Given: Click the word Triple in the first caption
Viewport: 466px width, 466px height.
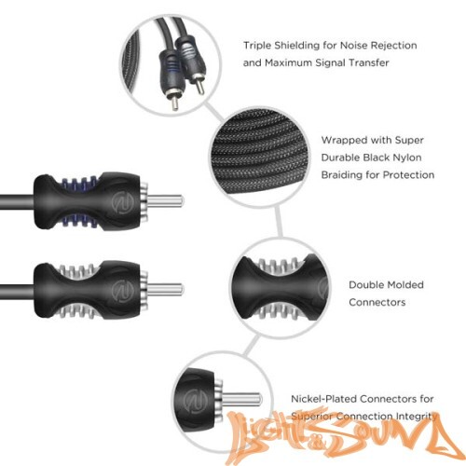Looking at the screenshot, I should tap(257, 45).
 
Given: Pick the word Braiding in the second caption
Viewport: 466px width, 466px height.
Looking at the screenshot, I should tap(346, 174).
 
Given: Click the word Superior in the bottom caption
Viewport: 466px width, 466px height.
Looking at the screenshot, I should tap(312, 415).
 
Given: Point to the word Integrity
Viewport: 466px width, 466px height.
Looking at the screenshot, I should tap(410, 415).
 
